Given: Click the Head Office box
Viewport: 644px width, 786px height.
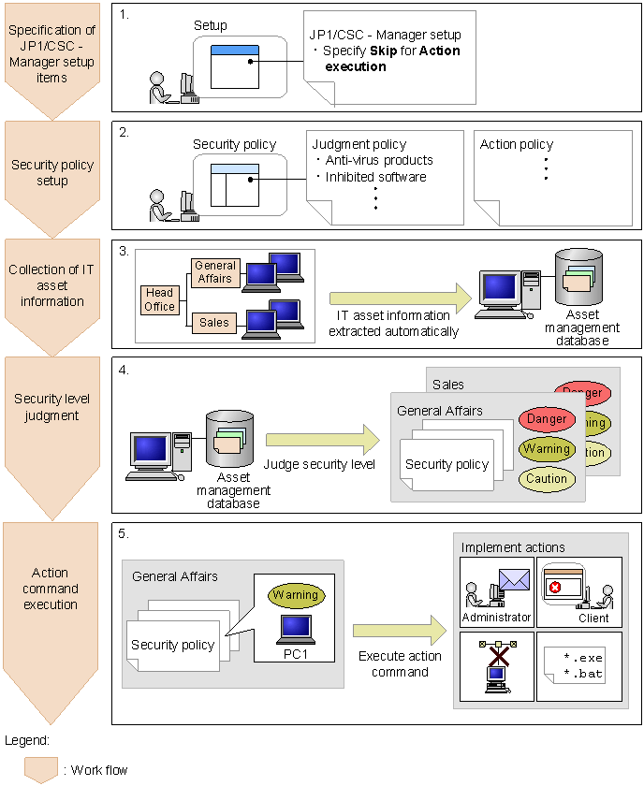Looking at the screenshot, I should (159, 299).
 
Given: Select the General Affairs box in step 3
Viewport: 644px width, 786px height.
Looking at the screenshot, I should (214, 271).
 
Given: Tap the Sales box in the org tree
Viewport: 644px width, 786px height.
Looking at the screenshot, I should (214, 323).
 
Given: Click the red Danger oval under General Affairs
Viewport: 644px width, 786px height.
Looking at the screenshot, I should (546, 419).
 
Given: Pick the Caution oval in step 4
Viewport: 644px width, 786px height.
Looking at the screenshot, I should (547, 478).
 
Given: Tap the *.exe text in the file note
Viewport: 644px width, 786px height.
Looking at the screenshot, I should (583, 659).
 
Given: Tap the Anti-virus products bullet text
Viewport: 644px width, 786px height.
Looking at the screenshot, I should (379, 160).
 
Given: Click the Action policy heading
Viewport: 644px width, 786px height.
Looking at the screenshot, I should (517, 144).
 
